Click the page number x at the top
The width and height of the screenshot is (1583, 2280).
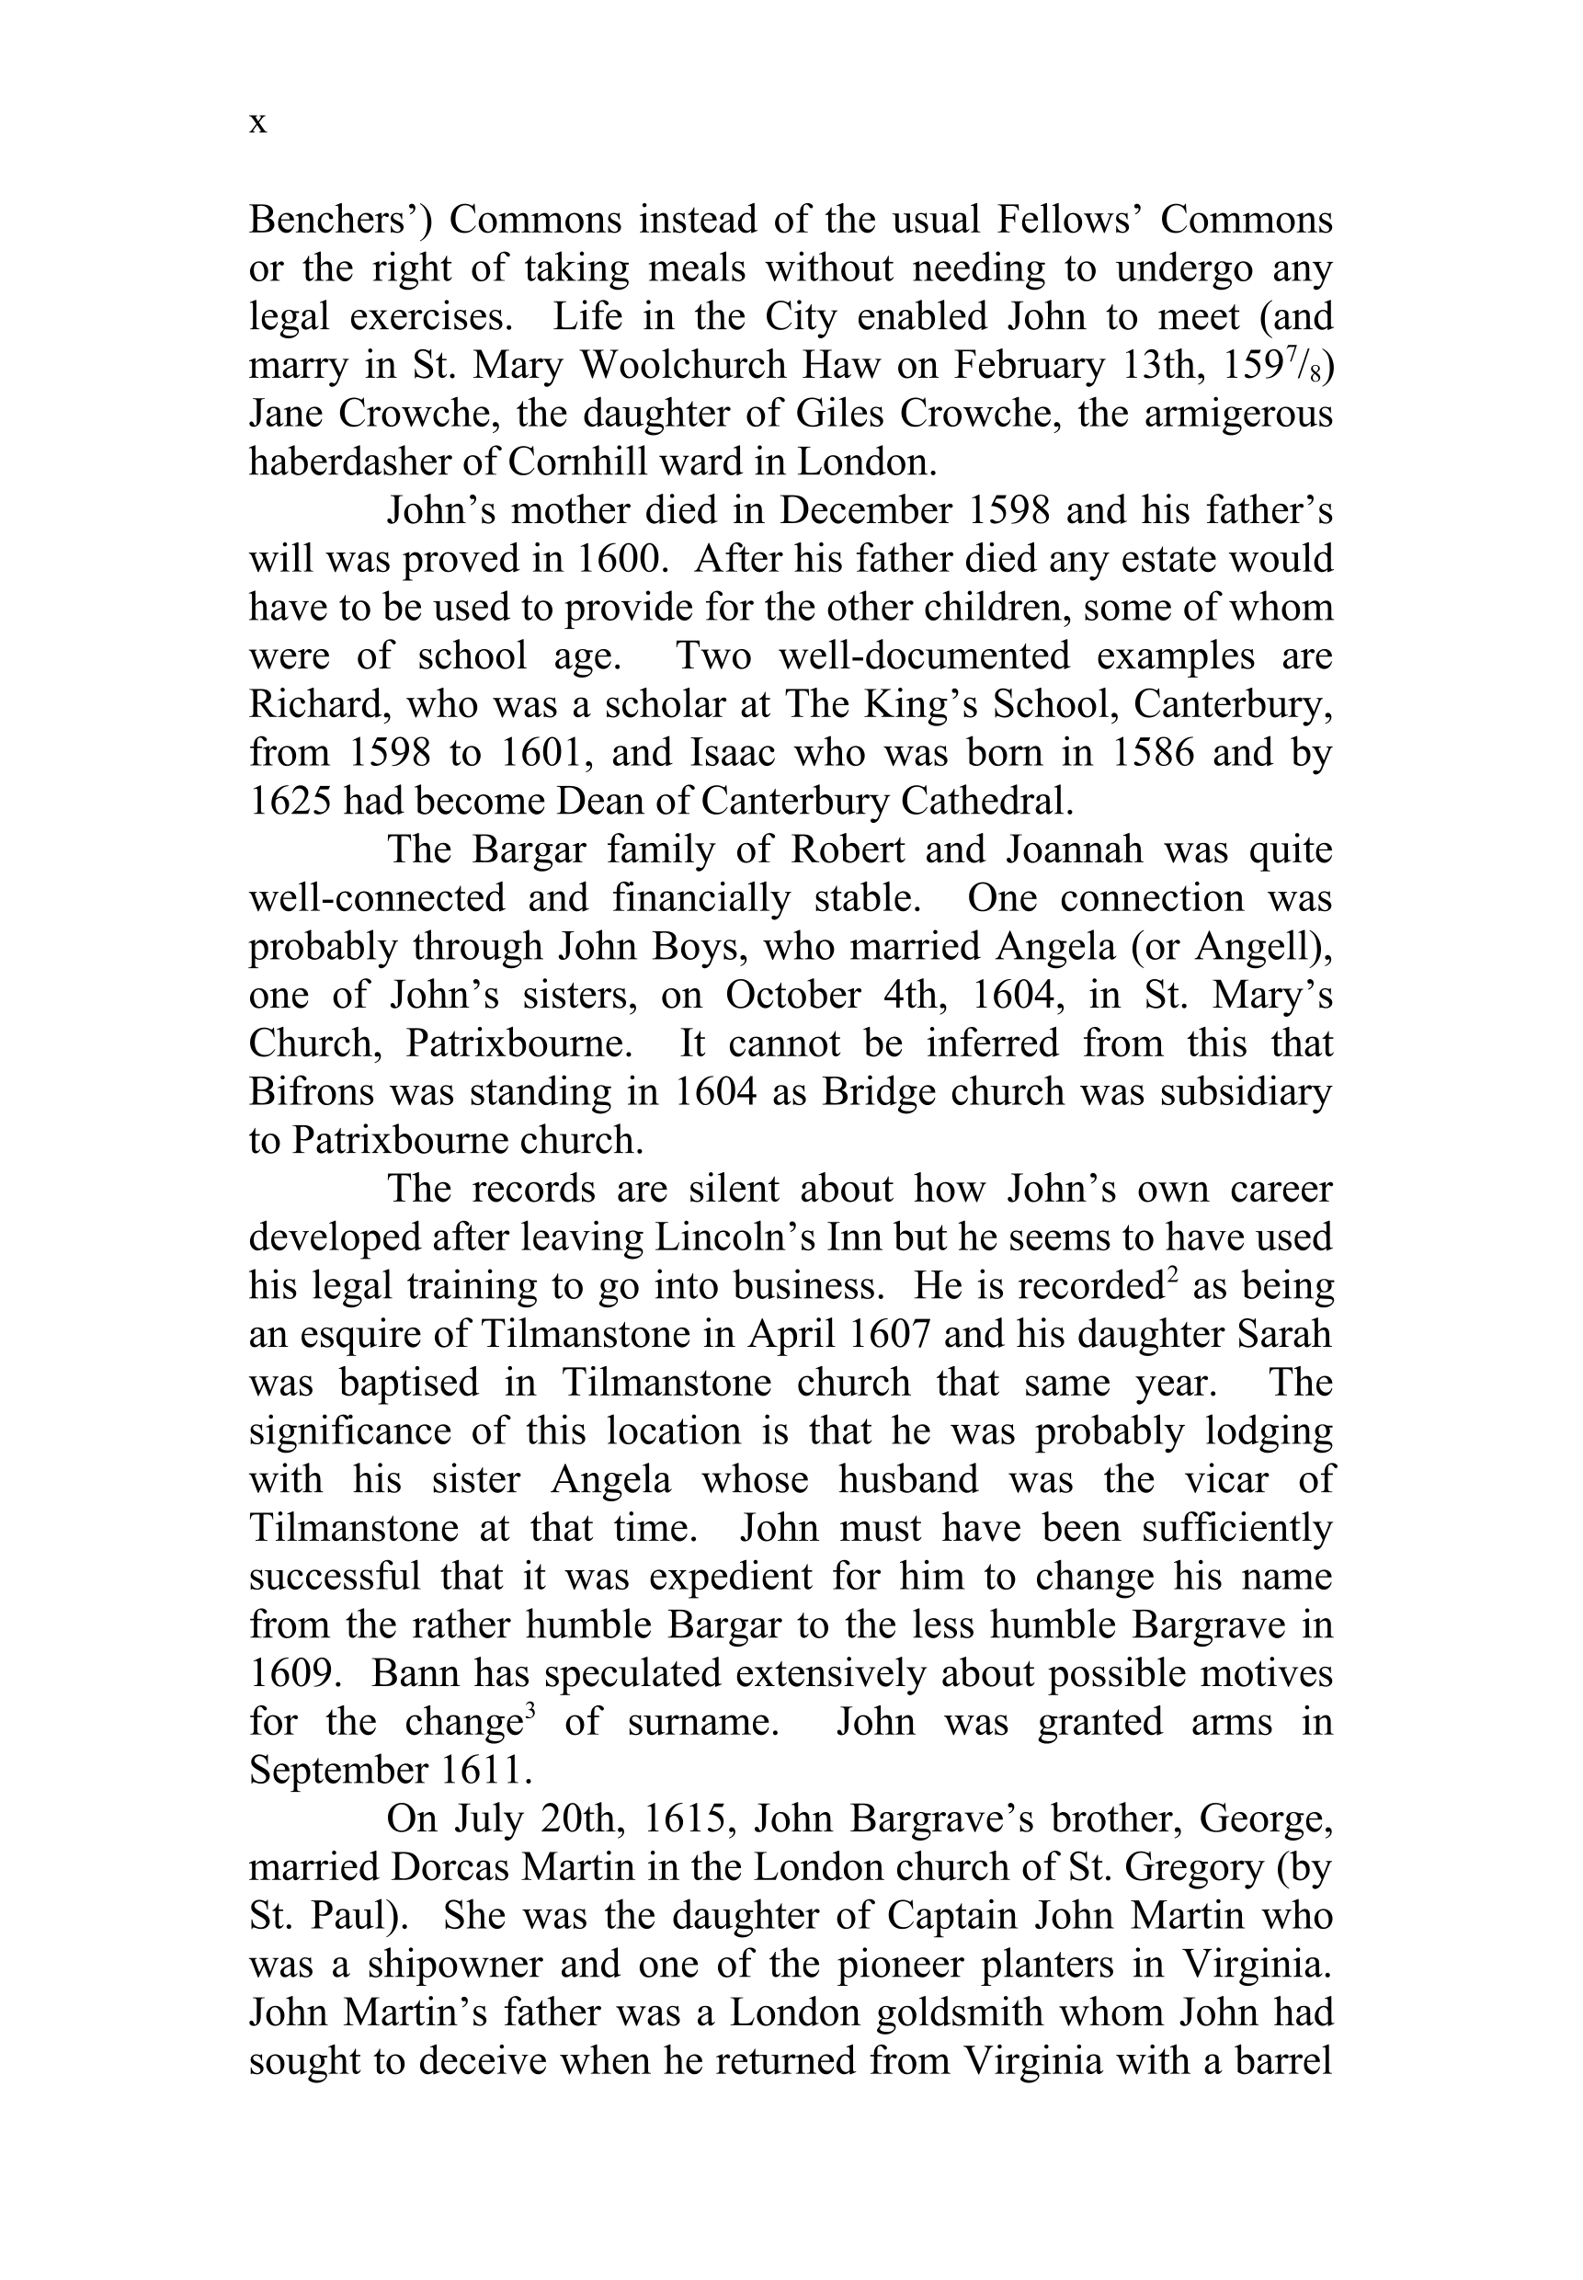pos(258,124)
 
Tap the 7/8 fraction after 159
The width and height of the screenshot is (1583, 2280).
pos(1310,363)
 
